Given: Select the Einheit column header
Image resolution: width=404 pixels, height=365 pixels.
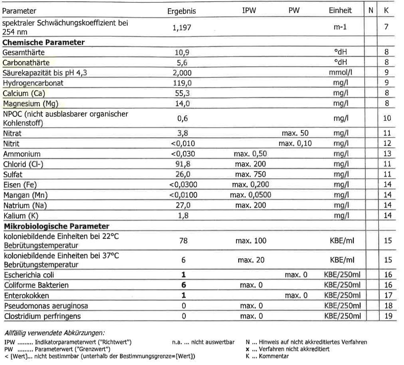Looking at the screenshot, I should coord(340,10).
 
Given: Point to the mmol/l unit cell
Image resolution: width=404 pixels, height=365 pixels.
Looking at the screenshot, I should coord(340,73).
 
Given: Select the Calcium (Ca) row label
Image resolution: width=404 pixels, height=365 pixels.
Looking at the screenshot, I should coord(24,93).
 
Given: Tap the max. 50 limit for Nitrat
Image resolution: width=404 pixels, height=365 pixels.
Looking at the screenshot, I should coord(295,134).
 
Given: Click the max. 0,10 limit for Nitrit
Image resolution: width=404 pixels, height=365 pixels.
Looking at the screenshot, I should coord(295,144).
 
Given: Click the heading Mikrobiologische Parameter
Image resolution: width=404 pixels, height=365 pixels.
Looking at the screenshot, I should coord(56,226).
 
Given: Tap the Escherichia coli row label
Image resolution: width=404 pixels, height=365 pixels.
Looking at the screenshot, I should coord(29,275).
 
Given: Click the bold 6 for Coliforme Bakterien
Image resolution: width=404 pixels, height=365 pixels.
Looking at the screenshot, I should coord(183,285).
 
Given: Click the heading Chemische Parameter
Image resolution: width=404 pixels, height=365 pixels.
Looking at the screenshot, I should coord(44,42).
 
